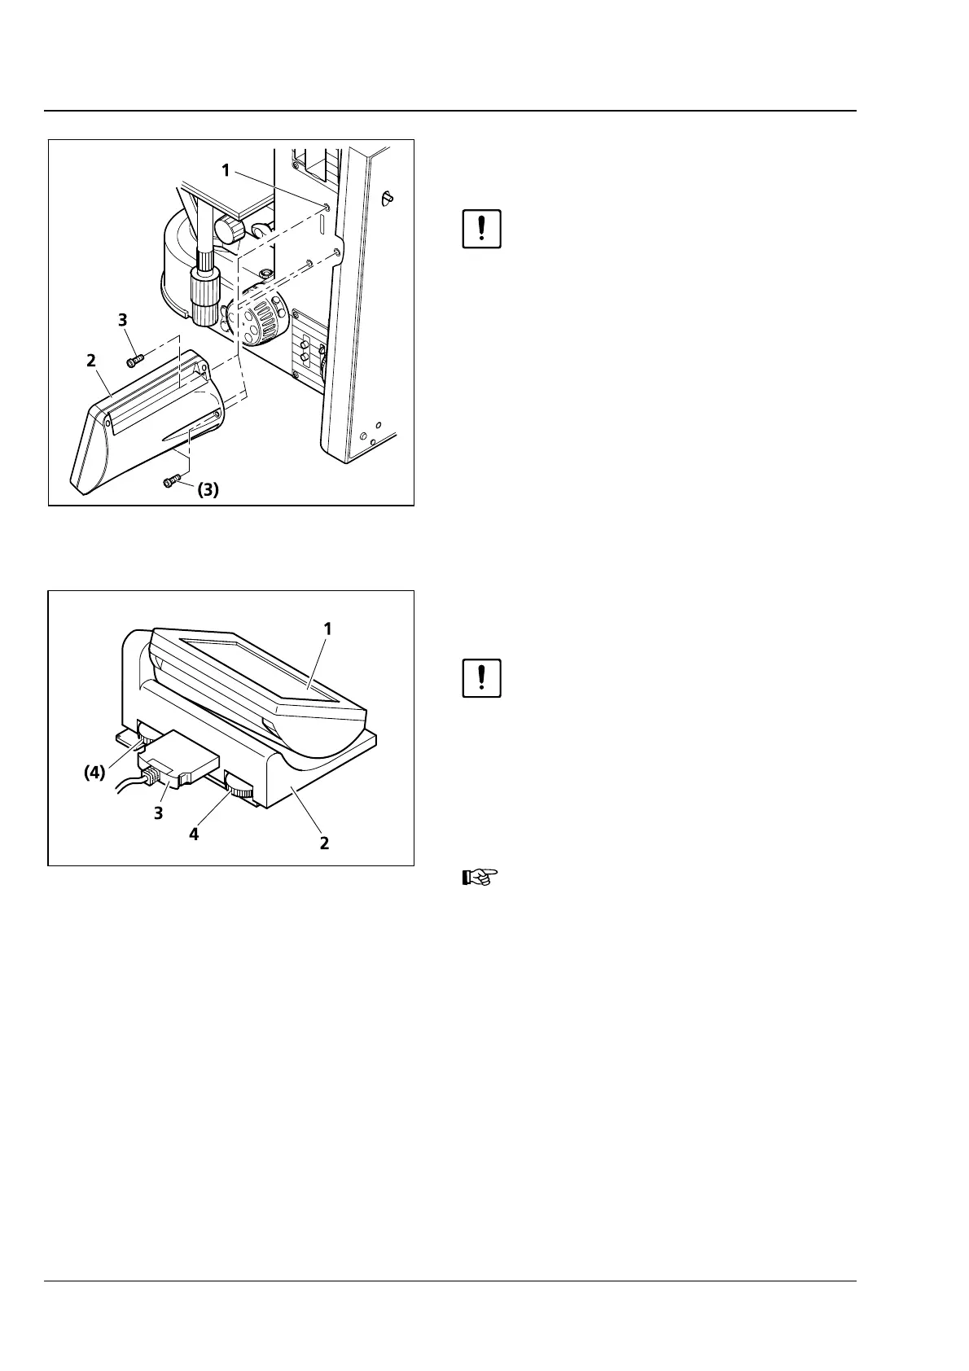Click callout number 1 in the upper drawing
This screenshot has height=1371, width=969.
tap(226, 170)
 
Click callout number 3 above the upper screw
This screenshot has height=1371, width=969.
tap(123, 320)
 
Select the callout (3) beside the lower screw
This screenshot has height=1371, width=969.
tap(208, 490)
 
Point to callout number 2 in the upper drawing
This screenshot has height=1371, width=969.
tap(91, 360)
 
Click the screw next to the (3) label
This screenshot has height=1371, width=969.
tap(171, 483)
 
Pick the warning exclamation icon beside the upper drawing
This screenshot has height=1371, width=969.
tap(481, 229)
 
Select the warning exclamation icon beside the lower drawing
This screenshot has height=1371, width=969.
tap(481, 677)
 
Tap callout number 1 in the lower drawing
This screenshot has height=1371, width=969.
tap(327, 629)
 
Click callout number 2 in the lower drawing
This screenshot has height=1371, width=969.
tap(324, 843)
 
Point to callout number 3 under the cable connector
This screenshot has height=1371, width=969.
tap(160, 813)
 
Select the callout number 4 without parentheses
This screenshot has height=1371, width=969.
tap(194, 833)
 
